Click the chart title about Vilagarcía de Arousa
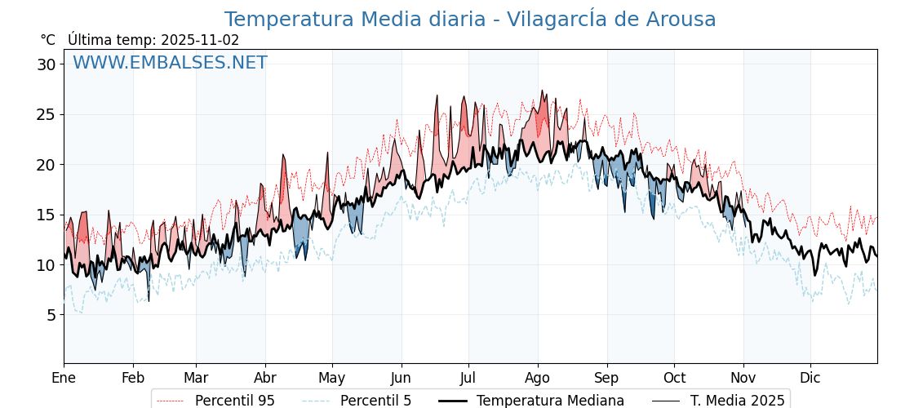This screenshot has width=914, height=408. [470, 20]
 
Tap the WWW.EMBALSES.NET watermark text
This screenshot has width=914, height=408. [170, 63]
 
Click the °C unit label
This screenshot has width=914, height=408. [47, 40]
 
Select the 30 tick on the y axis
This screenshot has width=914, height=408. [47, 64]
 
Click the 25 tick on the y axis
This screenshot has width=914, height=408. [47, 114]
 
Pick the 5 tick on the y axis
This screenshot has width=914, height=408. [51, 315]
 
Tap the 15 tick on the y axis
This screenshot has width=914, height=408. [47, 215]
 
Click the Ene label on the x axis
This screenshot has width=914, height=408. [64, 378]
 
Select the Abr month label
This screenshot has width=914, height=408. [265, 378]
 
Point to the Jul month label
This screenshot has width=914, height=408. [468, 378]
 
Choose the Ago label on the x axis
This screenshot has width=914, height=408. [538, 378]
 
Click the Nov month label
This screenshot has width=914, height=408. [743, 378]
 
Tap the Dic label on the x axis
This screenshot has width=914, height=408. [810, 378]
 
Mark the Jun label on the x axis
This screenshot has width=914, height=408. [401, 378]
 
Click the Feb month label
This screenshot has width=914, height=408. [133, 378]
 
